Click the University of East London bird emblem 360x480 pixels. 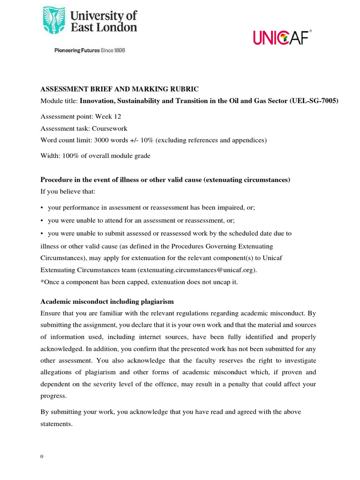pyautogui.click(x=55, y=21)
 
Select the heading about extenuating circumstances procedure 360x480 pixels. pyautogui.click(x=165, y=180)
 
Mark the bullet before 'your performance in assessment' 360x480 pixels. pyautogui.click(x=42, y=207)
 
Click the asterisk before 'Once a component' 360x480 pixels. pyautogui.click(x=42, y=282)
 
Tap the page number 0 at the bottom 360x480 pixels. pyautogui.click(x=42, y=457)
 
